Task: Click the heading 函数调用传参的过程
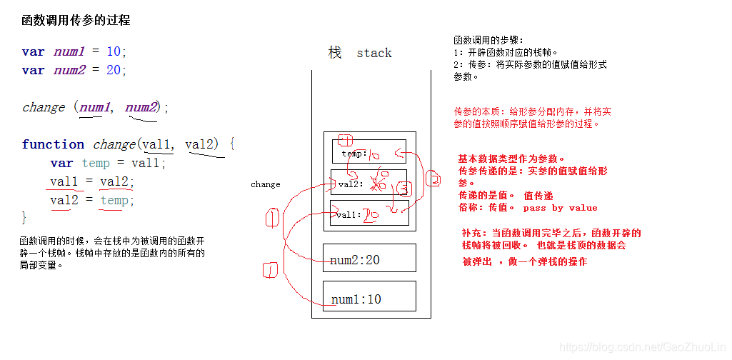click(x=76, y=21)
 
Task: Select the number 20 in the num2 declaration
click(x=114, y=70)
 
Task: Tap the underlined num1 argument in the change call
click(x=95, y=107)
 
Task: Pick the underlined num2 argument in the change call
click(x=141, y=107)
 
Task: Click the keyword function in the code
click(x=53, y=144)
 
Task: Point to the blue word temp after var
click(x=96, y=163)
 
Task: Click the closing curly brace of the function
click(x=24, y=217)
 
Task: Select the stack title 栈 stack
click(x=360, y=53)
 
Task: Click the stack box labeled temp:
click(x=368, y=152)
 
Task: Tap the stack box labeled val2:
click(x=368, y=183)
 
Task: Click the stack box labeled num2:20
click(x=368, y=259)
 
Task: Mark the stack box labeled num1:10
click(x=368, y=296)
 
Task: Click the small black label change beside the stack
click(x=266, y=184)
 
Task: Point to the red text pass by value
click(x=560, y=208)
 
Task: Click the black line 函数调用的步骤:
click(x=488, y=40)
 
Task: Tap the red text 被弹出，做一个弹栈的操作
click(x=524, y=262)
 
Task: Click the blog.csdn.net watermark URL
click(x=643, y=346)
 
